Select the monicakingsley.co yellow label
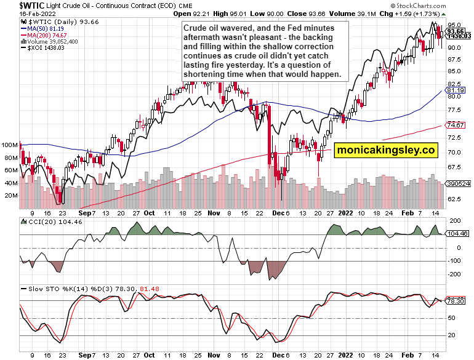coord(385,150)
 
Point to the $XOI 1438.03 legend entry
coord(44,49)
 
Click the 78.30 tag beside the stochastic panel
coord(456,301)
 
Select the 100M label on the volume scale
coord(10,145)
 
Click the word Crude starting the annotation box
coord(196,28)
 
